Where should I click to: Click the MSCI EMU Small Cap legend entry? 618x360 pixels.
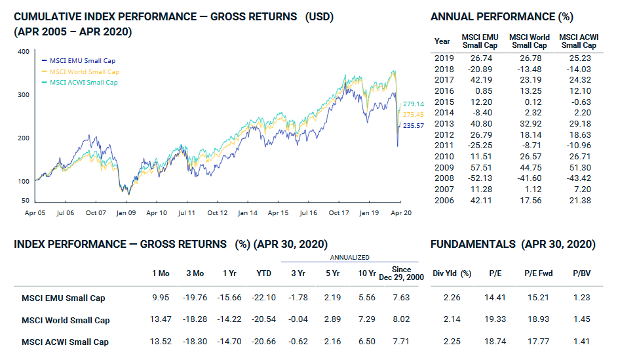coord(82,60)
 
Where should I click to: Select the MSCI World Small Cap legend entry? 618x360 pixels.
coord(84,71)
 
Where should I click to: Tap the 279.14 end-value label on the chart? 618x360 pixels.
coord(414,104)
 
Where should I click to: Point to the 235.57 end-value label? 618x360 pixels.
coord(414,125)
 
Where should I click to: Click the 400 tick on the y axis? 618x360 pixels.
coord(23,51)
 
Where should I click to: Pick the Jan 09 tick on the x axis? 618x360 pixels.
coord(125,213)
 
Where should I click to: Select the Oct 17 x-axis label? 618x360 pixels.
coord(338,213)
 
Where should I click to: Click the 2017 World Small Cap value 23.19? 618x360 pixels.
coord(530,80)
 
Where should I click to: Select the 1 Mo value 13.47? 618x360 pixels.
coord(161,320)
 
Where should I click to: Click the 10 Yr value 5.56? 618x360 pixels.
coord(368,298)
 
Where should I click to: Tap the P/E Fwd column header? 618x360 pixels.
coord(538,273)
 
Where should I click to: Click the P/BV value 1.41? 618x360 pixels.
coord(581,342)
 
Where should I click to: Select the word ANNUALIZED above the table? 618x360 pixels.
coord(349,258)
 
